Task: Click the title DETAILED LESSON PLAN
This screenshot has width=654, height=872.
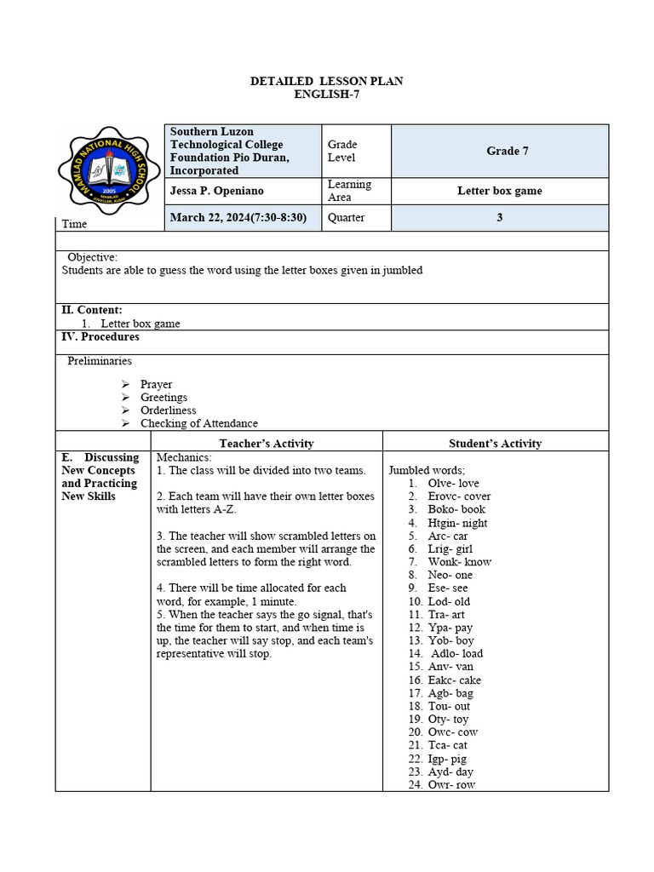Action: pos(326,81)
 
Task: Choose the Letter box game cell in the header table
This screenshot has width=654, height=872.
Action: pos(499,191)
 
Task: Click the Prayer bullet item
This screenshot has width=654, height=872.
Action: pos(156,384)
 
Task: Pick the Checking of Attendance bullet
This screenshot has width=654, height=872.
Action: pos(198,423)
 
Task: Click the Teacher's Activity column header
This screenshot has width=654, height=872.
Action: pos(266,443)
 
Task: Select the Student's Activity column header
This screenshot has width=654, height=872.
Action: pos(495,443)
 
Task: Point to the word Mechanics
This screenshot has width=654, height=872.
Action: pos(183,457)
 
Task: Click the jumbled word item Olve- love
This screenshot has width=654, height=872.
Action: pos(453,483)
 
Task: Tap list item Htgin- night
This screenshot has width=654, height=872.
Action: pos(457,523)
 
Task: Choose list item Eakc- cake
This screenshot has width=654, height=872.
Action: pos(454,680)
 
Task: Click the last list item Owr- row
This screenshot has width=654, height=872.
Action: pos(451,785)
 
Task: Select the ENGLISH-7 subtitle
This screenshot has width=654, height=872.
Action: pos(326,94)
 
